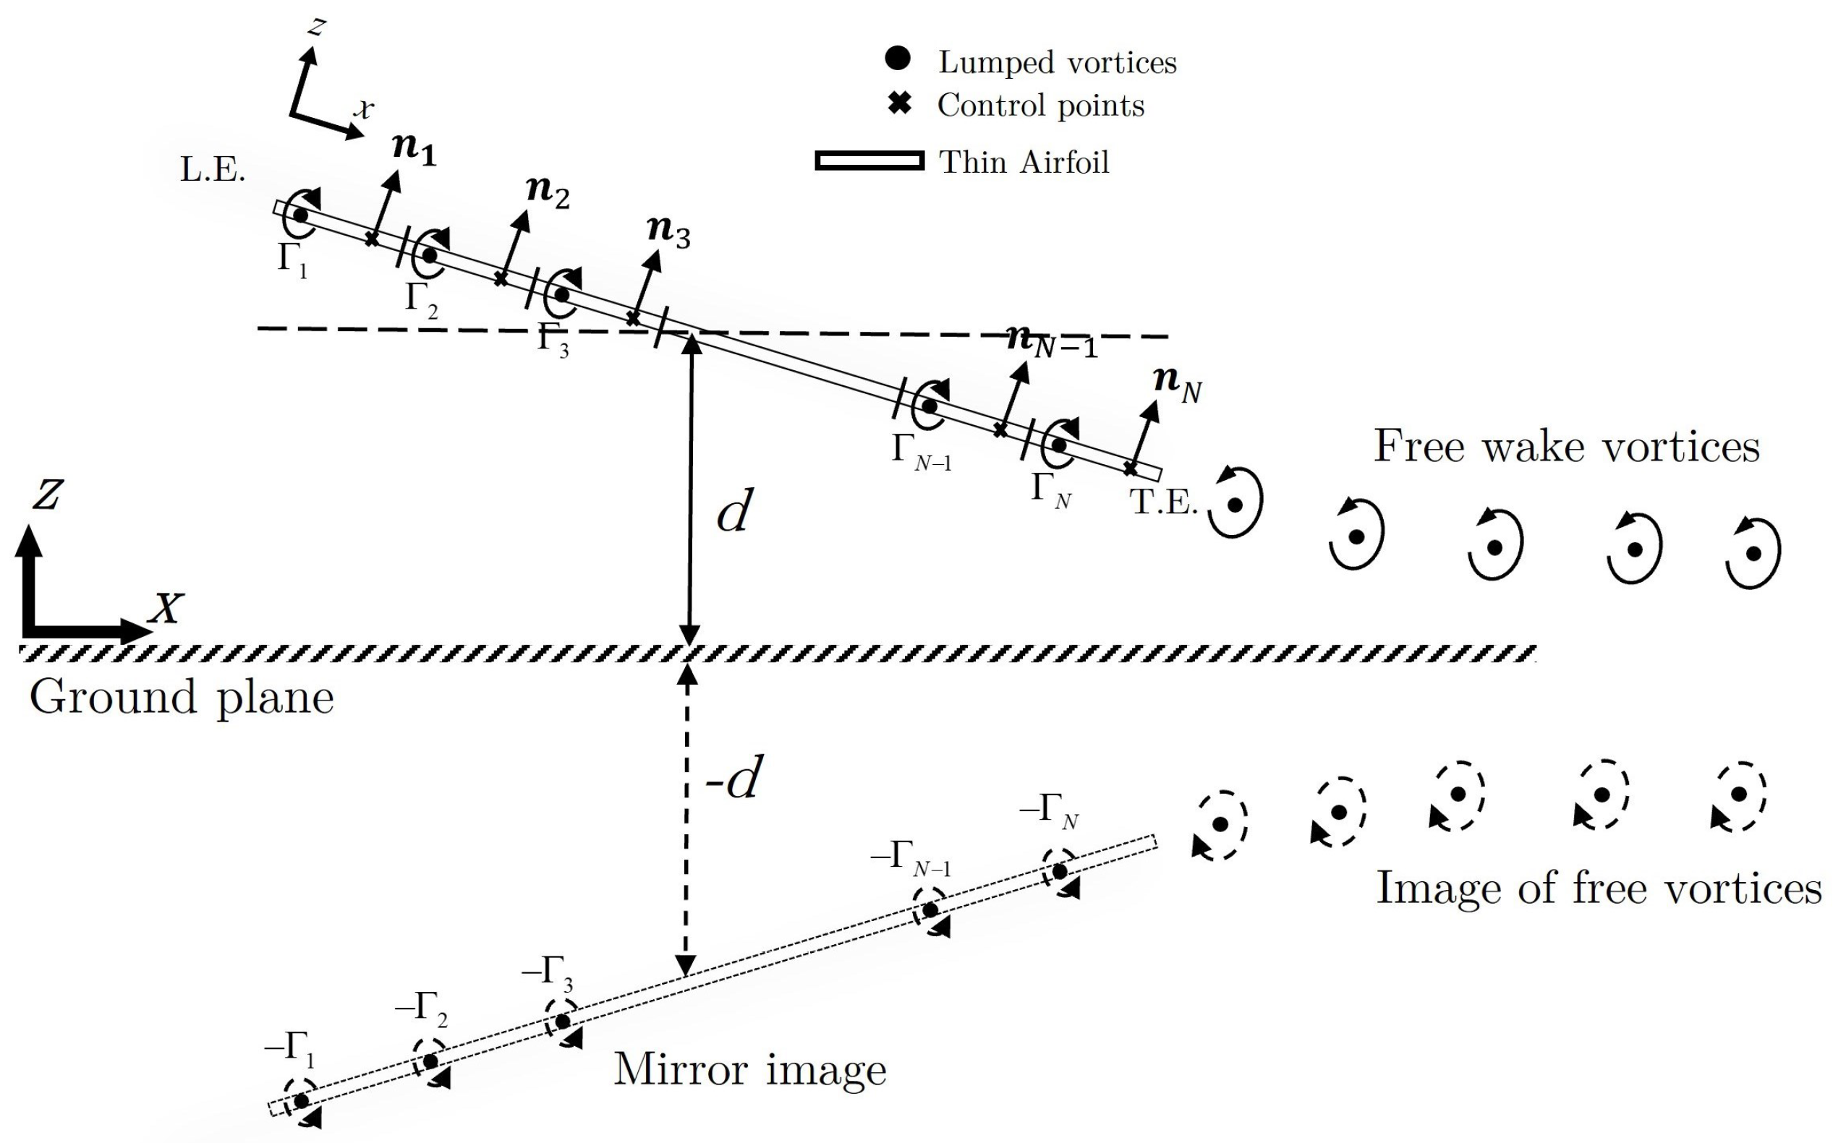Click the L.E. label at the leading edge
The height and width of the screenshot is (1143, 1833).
pyautogui.click(x=213, y=171)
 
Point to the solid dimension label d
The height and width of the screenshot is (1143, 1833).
pyautogui.click(x=733, y=513)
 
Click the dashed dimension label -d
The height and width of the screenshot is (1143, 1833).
pyautogui.click(x=731, y=778)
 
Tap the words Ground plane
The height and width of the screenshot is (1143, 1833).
pyautogui.click(x=182, y=697)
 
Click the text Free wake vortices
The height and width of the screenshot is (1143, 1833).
pyautogui.click(x=1566, y=446)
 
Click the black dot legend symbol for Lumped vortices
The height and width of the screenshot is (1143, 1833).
pyautogui.click(x=897, y=60)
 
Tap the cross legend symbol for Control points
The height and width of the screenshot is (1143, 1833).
pyautogui.click(x=898, y=104)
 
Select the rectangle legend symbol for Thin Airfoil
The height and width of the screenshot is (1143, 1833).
pyautogui.click(x=869, y=161)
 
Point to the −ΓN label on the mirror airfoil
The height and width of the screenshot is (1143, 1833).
pyautogui.click(x=1049, y=813)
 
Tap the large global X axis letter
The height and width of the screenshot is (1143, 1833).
pyautogui.click(x=166, y=608)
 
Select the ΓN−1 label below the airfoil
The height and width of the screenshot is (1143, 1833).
pyautogui.click(x=920, y=452)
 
